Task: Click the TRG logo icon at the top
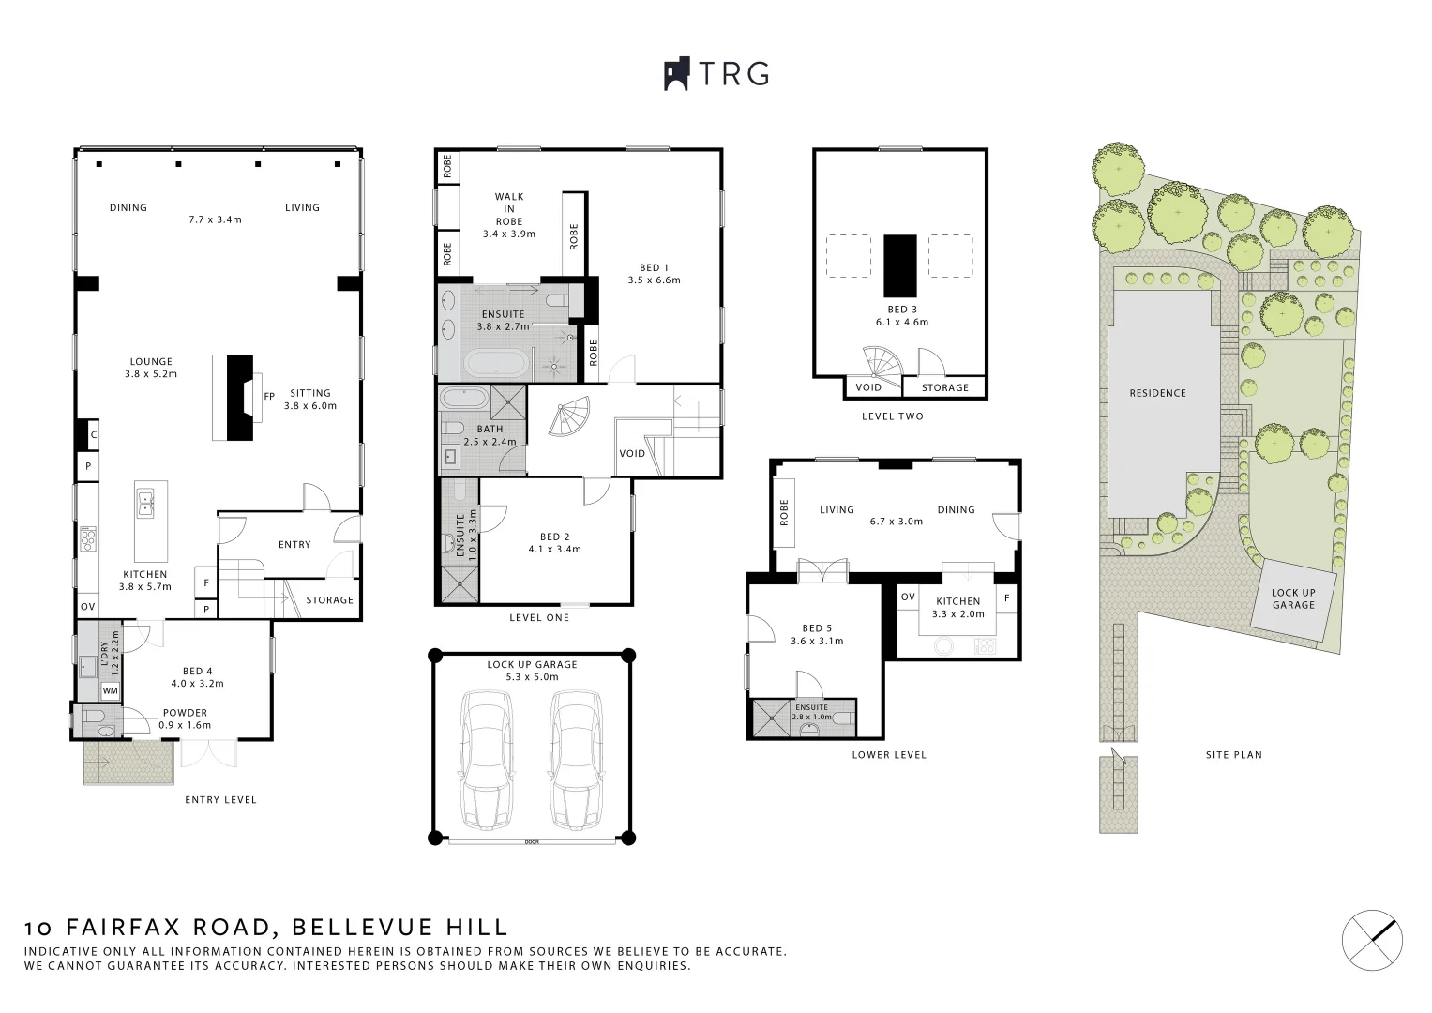coord(676,74)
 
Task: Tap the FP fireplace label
coord(269,397)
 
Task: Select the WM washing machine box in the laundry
coord(110,690)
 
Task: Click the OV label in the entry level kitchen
coord(87,607)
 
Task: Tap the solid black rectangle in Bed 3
coord(900,266)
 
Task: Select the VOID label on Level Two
coord(868,387)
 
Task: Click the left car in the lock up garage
coord(487,759)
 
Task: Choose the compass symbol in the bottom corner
coord(1373,940)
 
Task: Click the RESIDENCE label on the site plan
coord(1158,393)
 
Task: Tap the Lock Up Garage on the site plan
coord(1292,599)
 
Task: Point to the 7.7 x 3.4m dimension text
coord(216,219)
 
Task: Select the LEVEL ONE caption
coord(539,618)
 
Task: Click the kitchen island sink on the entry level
coord(145,504)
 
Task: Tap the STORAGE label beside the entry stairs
coord(329,600)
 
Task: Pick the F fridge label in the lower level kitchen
coord(1007,598)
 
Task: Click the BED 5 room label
coord(817,628)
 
